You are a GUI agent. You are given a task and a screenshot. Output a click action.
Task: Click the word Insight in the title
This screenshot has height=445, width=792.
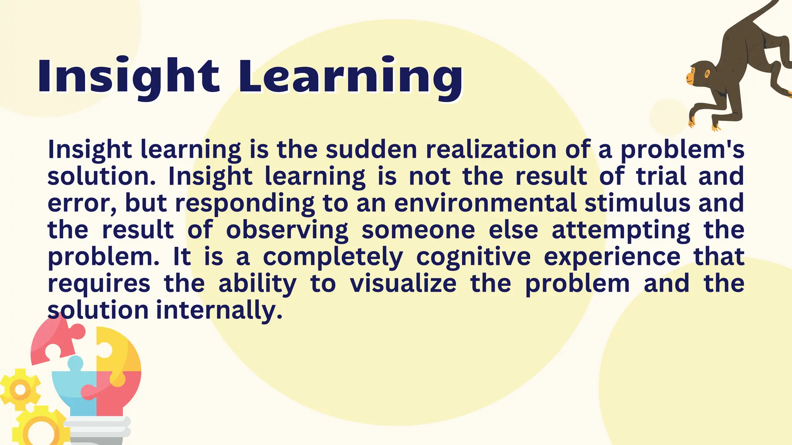pyautogui.click(x=128, y=76)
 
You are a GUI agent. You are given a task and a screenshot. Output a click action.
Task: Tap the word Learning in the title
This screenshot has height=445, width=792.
pyautogui.click(x=350, y=76)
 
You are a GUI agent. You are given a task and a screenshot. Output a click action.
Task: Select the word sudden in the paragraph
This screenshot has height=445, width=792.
pyautogui.click(x=371, y=149)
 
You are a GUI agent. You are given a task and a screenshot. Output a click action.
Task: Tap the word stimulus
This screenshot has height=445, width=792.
pyautogui.click(x=637, y=203)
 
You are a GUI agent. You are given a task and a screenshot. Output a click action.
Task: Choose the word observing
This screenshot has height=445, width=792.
pyautogui.click(x=287, y=231)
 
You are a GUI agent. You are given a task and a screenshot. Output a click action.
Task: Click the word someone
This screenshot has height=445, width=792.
pyautogui.click(x=418, y=230)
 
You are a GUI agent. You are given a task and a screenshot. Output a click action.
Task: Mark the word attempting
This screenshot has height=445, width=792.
pyautogui.click(x=621, y=231)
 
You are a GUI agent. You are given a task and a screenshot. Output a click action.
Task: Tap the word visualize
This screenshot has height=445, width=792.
pyautogui.click(x=403, y=284)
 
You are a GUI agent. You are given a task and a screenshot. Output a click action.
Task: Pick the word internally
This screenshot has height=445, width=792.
pyautogui.click(x=219, y=311)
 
